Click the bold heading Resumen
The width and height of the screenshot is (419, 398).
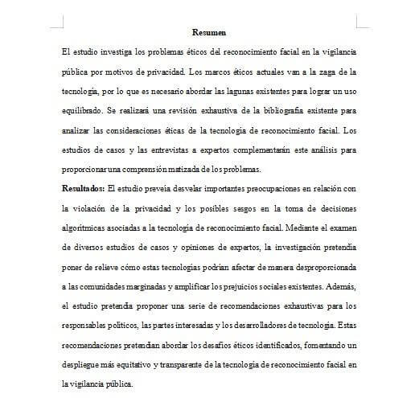click(208, 33)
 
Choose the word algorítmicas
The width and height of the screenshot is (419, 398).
click(85, 227)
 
